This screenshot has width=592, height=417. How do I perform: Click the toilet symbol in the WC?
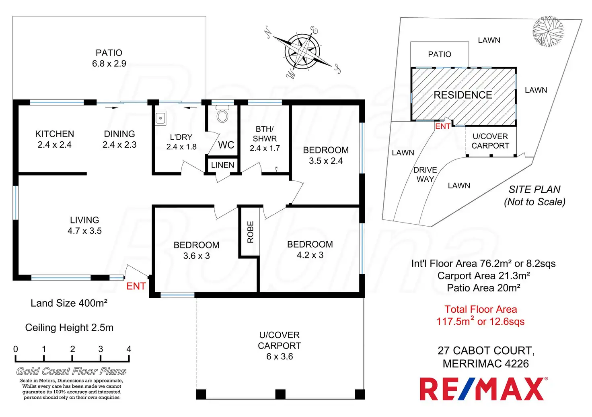(222, 115)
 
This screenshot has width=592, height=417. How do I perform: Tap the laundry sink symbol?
(160, 118)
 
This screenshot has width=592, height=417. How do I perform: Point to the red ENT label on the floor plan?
(136, 286)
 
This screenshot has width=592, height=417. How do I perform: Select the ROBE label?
(250, 232)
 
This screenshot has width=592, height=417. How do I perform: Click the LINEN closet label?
(222, 165)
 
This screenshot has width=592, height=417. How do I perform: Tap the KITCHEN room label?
(55, 134)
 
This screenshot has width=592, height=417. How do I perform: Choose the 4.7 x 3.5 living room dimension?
(84, 231)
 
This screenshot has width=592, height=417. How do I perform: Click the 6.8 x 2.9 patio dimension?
(109, 64)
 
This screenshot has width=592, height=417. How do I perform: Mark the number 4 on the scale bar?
(129, 349)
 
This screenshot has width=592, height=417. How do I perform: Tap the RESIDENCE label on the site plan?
(463, 95)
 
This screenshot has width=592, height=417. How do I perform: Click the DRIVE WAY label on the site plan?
(425, 175)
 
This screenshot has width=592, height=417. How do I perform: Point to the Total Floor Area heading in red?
(481, 309)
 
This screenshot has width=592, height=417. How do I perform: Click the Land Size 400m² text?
(69, 303)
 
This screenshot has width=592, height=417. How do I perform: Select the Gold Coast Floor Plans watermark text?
(71, 371)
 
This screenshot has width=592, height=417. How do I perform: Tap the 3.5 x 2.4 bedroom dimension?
(326, 161)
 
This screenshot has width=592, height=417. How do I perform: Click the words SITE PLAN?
(534, 189)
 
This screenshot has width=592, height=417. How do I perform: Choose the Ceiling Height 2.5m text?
(69, 328)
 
